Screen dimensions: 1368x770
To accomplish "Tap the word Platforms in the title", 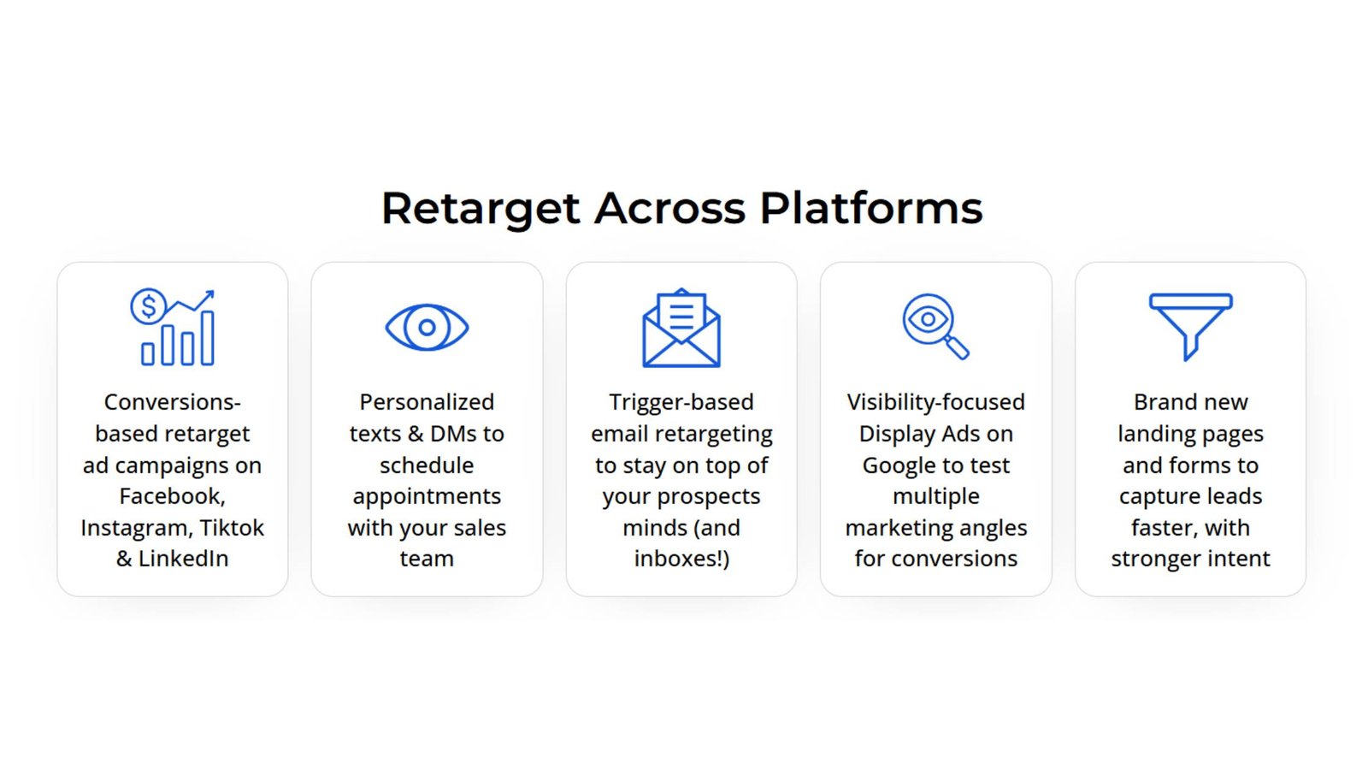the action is pyautogui.click(x=871, y=208).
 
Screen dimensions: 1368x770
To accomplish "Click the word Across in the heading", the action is pyautogui.click(x=669, y=209).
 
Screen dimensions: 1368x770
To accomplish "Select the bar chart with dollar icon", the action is pyautogui.click(x=173, y=327).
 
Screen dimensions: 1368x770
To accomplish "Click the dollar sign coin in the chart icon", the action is pyautogui.click(x=148, y=305).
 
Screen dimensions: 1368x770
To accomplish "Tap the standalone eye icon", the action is pyautogui.click(x=427, y=327).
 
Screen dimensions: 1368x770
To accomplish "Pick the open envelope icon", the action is pyautogui.click(x=681, y=328).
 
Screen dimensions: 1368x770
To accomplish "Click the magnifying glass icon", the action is pyautogui.click(x=935, y=326).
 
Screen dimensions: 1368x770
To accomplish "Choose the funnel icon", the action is pyautogui.click(x=1190, y=326).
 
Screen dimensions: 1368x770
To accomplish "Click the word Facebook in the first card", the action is pyautogui.click(x=172, y=496).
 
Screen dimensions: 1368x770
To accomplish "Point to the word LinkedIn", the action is pyautogui.click(x=183, y=559).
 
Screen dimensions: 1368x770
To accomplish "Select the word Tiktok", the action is pyautogui.click(x=232, y=527).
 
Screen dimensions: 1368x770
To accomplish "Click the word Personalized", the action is pyautogui.click(x=427, y=402).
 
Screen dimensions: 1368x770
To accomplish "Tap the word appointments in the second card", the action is pyautogui.click(x=427, y=497).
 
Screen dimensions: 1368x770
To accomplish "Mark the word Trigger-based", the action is pyautogui.click(x=681, y=402).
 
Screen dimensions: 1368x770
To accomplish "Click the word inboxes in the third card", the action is pyautogui.click(x=679, y=559).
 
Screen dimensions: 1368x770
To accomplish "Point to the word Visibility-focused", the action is pyautogui.click(x=935, y=402).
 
